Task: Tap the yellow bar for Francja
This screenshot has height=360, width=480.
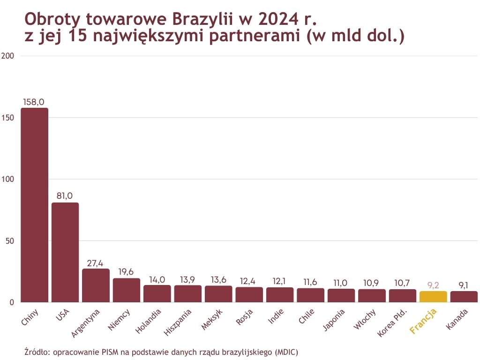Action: [433, 296]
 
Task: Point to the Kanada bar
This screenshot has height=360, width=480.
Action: [464, 297]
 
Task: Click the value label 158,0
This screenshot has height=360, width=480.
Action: [34, 102]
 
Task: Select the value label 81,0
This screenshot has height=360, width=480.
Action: [65, 196]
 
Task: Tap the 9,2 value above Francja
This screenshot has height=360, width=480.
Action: [433, 285]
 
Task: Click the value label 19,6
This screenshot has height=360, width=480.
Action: [127, 272]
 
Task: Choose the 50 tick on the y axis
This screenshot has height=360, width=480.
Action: [10, 241]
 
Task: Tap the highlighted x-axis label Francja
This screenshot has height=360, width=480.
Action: [423, 322]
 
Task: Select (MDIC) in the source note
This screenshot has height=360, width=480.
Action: [286, 352]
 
